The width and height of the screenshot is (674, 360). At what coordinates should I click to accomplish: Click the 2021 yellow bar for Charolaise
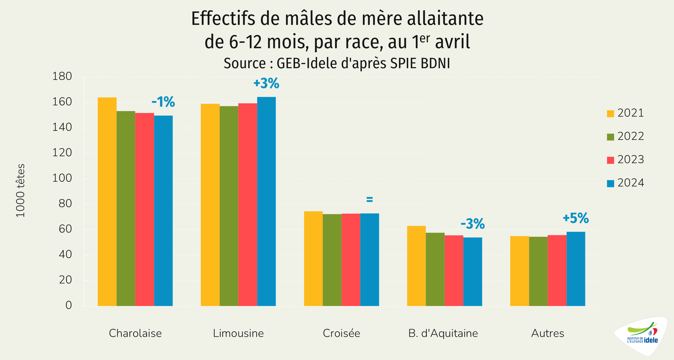coord(107,201)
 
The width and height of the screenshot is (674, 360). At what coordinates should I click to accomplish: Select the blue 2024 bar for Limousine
coord(266,201)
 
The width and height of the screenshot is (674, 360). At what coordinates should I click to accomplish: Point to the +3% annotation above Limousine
coord(266,83)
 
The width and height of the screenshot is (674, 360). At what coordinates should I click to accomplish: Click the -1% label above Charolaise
coord(163,102)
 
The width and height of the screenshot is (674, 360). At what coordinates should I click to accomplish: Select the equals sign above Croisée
coord(370,200)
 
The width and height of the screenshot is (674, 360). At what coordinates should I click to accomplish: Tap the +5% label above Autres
coord(576,218)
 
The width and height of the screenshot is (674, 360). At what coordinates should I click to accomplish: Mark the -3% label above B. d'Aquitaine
coord(473,224)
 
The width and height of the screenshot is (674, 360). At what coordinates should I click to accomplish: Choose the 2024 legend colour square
coord(610,183)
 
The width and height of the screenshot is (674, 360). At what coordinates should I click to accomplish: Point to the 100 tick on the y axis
coord(62,178)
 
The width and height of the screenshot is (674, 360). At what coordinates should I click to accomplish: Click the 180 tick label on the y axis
coord(62,76)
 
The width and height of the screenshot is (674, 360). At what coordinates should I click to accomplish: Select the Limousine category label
coord(238,333)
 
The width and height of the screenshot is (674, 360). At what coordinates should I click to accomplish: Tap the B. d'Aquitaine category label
coord(443,333)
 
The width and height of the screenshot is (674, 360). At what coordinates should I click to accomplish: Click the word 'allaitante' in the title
coord(445,19)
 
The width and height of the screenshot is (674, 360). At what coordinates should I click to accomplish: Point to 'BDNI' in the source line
coord(435,64)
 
